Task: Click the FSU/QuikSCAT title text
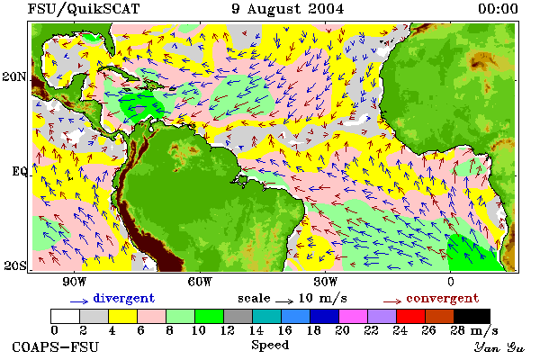pyautogui.click(x=84, y=9)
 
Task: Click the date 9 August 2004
pyautogui.click(x=288, y=9)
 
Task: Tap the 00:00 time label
pyautogui.click(x=498, y=9)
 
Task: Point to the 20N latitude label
pyautogui.click(x=14, y=76)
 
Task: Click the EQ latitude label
pyautogui.click(x=19, y=171)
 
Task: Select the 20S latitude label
pyautogui.click(x=15, y=265)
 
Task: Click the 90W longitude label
pyautogui.click(x=74, y=282)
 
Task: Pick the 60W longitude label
pyautogui.click(x=200, y=282)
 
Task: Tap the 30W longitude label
pyautogui.click(x=326, y=282)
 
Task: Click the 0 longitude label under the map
pyautogui.click(x=451, y=282)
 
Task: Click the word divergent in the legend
pyautogui.click(x=124, y=298)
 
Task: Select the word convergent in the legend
pyautogui.click(x=443, y=298)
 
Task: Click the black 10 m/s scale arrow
pyautogui.click(x=284, y=301)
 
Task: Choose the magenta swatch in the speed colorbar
pyautogui.click(x=353, y=316)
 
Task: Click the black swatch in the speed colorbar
pyautogui.click(x=472, y=316)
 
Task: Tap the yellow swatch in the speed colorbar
pyautogui.click(x=122, y=316)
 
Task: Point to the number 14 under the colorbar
pyautogui.click(x=256, y=330)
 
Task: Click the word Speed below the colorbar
pyautogui.click(x=270, y=346)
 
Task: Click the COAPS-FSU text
pyautogui.click(x=55, y=346)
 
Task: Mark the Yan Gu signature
pyautogui.click(x=499, y=347)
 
